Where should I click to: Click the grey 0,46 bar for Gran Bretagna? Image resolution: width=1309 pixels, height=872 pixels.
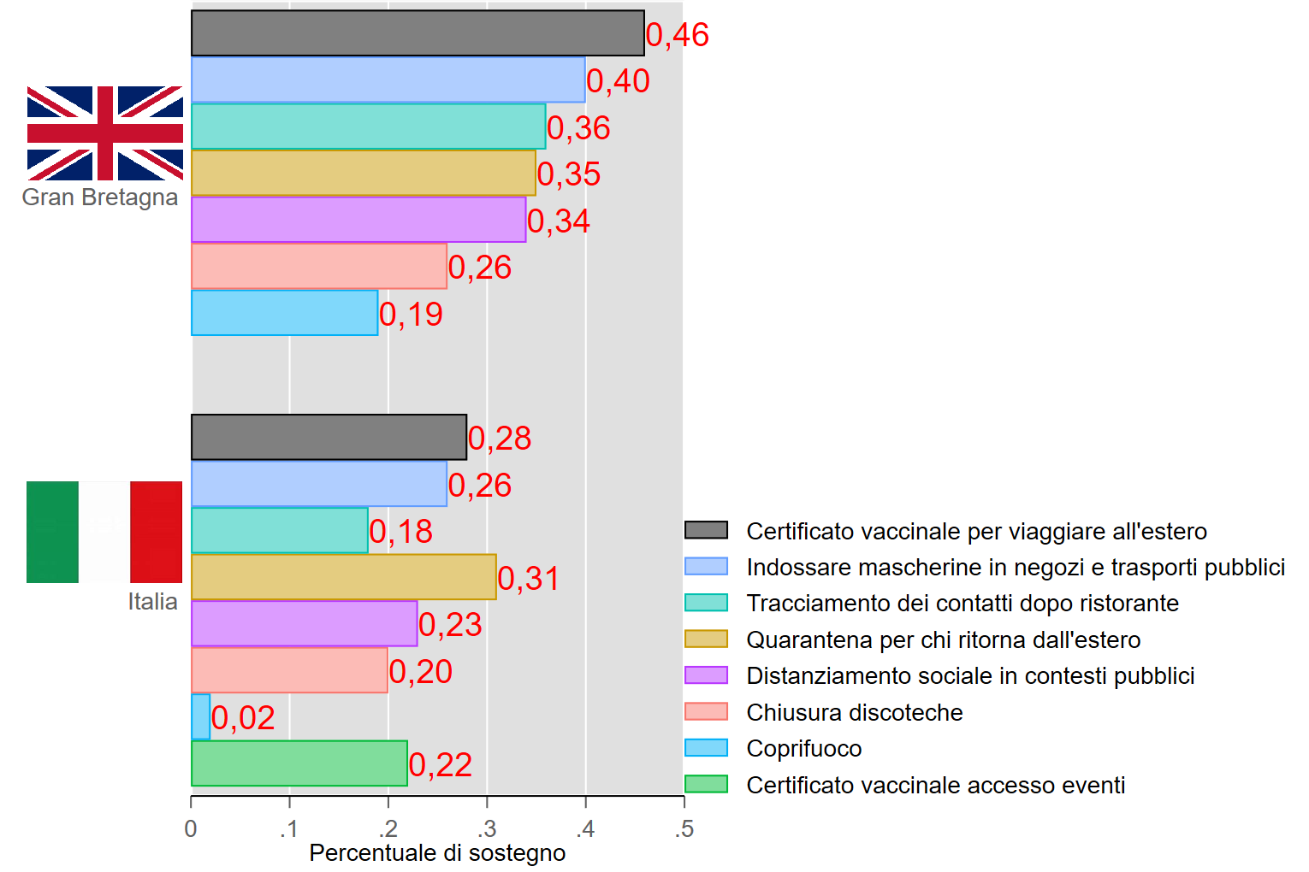coord(418,33)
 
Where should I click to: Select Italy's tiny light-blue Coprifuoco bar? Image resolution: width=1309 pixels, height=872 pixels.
coord(200,716)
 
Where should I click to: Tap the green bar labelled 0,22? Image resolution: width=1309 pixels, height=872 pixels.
coord(299,763)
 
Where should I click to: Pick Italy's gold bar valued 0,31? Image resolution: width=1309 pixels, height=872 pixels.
coord(343,577)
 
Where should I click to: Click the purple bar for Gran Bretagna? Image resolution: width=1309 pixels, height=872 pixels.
coord(358,220)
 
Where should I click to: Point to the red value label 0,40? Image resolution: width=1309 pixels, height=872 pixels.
coord(618,81)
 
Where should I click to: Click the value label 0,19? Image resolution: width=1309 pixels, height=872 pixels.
coord(411,315)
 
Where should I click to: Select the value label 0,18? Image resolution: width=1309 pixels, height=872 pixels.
coord(400,532)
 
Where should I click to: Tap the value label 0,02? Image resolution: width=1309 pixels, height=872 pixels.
coord(243,718)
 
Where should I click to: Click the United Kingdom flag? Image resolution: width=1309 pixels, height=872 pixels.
coord(105,133)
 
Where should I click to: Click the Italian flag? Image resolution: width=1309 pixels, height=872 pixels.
coord(104,532)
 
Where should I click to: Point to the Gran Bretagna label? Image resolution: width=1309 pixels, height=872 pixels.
coord(100,197)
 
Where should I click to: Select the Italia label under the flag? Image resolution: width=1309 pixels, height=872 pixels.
coord(152,602)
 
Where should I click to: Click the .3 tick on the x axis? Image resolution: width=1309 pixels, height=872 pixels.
coord(487,828)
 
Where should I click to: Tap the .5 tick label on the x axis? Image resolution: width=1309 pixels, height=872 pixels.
coord(684,828)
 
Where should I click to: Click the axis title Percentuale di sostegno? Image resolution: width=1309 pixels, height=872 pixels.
coord(437,853)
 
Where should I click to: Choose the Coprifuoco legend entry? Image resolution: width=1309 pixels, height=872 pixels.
coord(803,749)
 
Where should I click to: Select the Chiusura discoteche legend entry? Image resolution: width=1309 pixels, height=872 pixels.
coord(854,712)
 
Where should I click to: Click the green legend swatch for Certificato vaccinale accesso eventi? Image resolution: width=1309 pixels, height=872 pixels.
coord(706,784)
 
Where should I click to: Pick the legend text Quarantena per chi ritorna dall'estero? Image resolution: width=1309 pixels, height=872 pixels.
coord(943,639)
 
